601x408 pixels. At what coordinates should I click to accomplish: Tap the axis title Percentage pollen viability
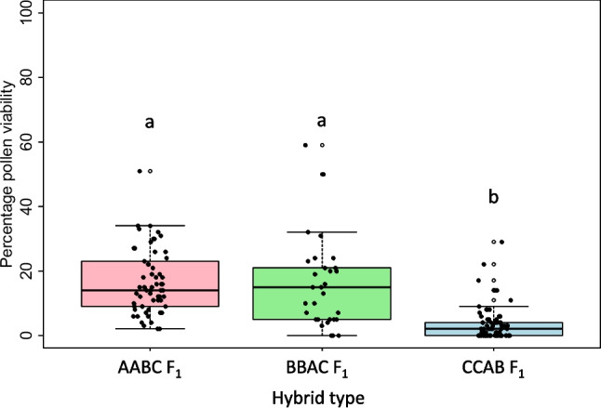click(11, 174)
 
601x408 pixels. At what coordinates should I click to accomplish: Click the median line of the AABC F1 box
click(150, 290)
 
